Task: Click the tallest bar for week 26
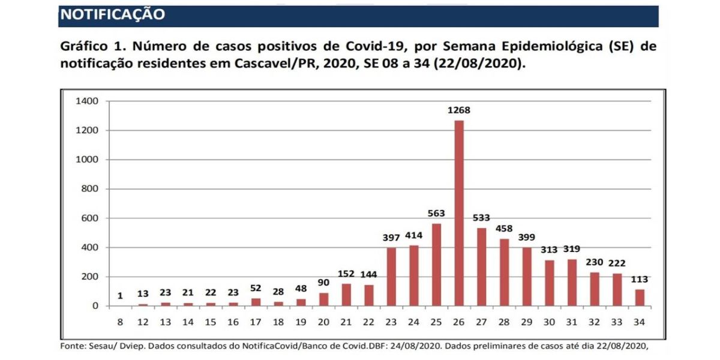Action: tap(459, 213)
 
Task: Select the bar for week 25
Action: tap(436, 265)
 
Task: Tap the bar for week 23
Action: tap(391, 277)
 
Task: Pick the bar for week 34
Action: tap(640, 298)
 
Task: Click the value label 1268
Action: tap(459, 110)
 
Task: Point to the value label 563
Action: tap(436, 214)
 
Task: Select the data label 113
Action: tap(640, 280)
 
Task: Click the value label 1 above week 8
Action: tap(120, 296)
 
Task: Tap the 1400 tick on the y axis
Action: tap(87, 101)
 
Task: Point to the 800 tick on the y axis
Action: tap(89, 189)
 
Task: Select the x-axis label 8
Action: tap(120, 322)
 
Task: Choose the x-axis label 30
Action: tap(549, 322)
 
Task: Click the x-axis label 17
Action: tap(256, 322)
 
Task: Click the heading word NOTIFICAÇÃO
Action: tap(113, 14)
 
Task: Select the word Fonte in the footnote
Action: tap(73, 346)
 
